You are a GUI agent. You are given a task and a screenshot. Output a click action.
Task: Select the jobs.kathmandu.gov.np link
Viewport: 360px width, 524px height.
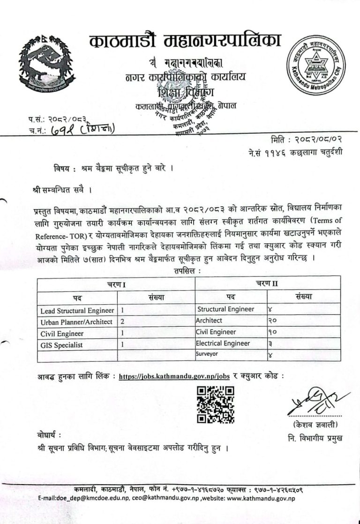point(174,376)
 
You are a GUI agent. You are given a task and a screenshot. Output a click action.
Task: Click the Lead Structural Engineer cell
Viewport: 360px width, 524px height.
point(77,310)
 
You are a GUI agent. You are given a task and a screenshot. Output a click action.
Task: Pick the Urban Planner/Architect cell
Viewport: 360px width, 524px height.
point(76,322)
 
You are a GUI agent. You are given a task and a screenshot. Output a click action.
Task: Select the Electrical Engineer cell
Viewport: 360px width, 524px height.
point(223,344)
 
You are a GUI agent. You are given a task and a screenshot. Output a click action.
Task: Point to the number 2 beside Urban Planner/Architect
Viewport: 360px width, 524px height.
point(123,322)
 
